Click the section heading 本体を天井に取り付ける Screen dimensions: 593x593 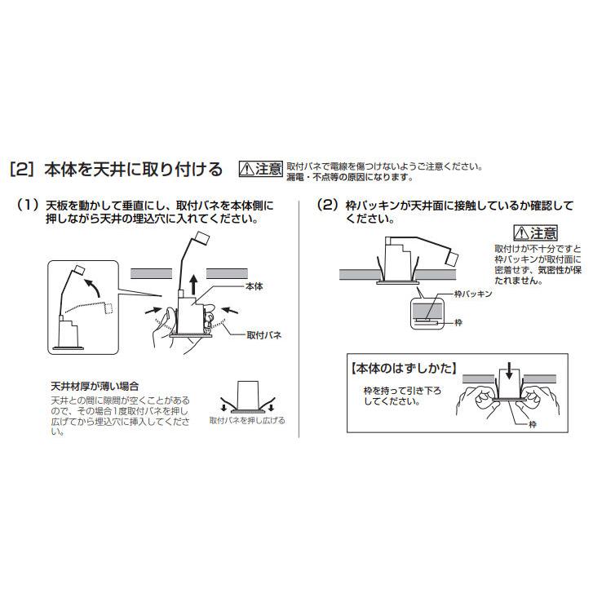[133, 170]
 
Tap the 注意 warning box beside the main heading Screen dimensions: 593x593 [261, 169]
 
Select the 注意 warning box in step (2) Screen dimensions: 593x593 [536, 233]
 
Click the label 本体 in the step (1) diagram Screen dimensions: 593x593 [254, 286]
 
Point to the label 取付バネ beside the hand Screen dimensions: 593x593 [264, 335]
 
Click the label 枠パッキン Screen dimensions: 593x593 [473, 294]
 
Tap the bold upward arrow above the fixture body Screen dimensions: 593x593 [193, 285]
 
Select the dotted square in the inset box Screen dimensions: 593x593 [108, 308]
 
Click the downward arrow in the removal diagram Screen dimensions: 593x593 [509, 370]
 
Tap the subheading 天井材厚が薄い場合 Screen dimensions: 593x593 [95, 387]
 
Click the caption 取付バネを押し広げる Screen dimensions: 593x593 [247, 421]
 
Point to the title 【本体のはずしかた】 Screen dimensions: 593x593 [404, 369]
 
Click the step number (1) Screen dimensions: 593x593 [28, 206]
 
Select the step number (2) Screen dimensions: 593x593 [328, 206]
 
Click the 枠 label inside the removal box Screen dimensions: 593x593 [533, 424]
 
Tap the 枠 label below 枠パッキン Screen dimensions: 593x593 [458, 322]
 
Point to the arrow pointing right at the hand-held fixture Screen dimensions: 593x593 [156, 311]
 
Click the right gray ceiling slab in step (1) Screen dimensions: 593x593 [227, 273]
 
